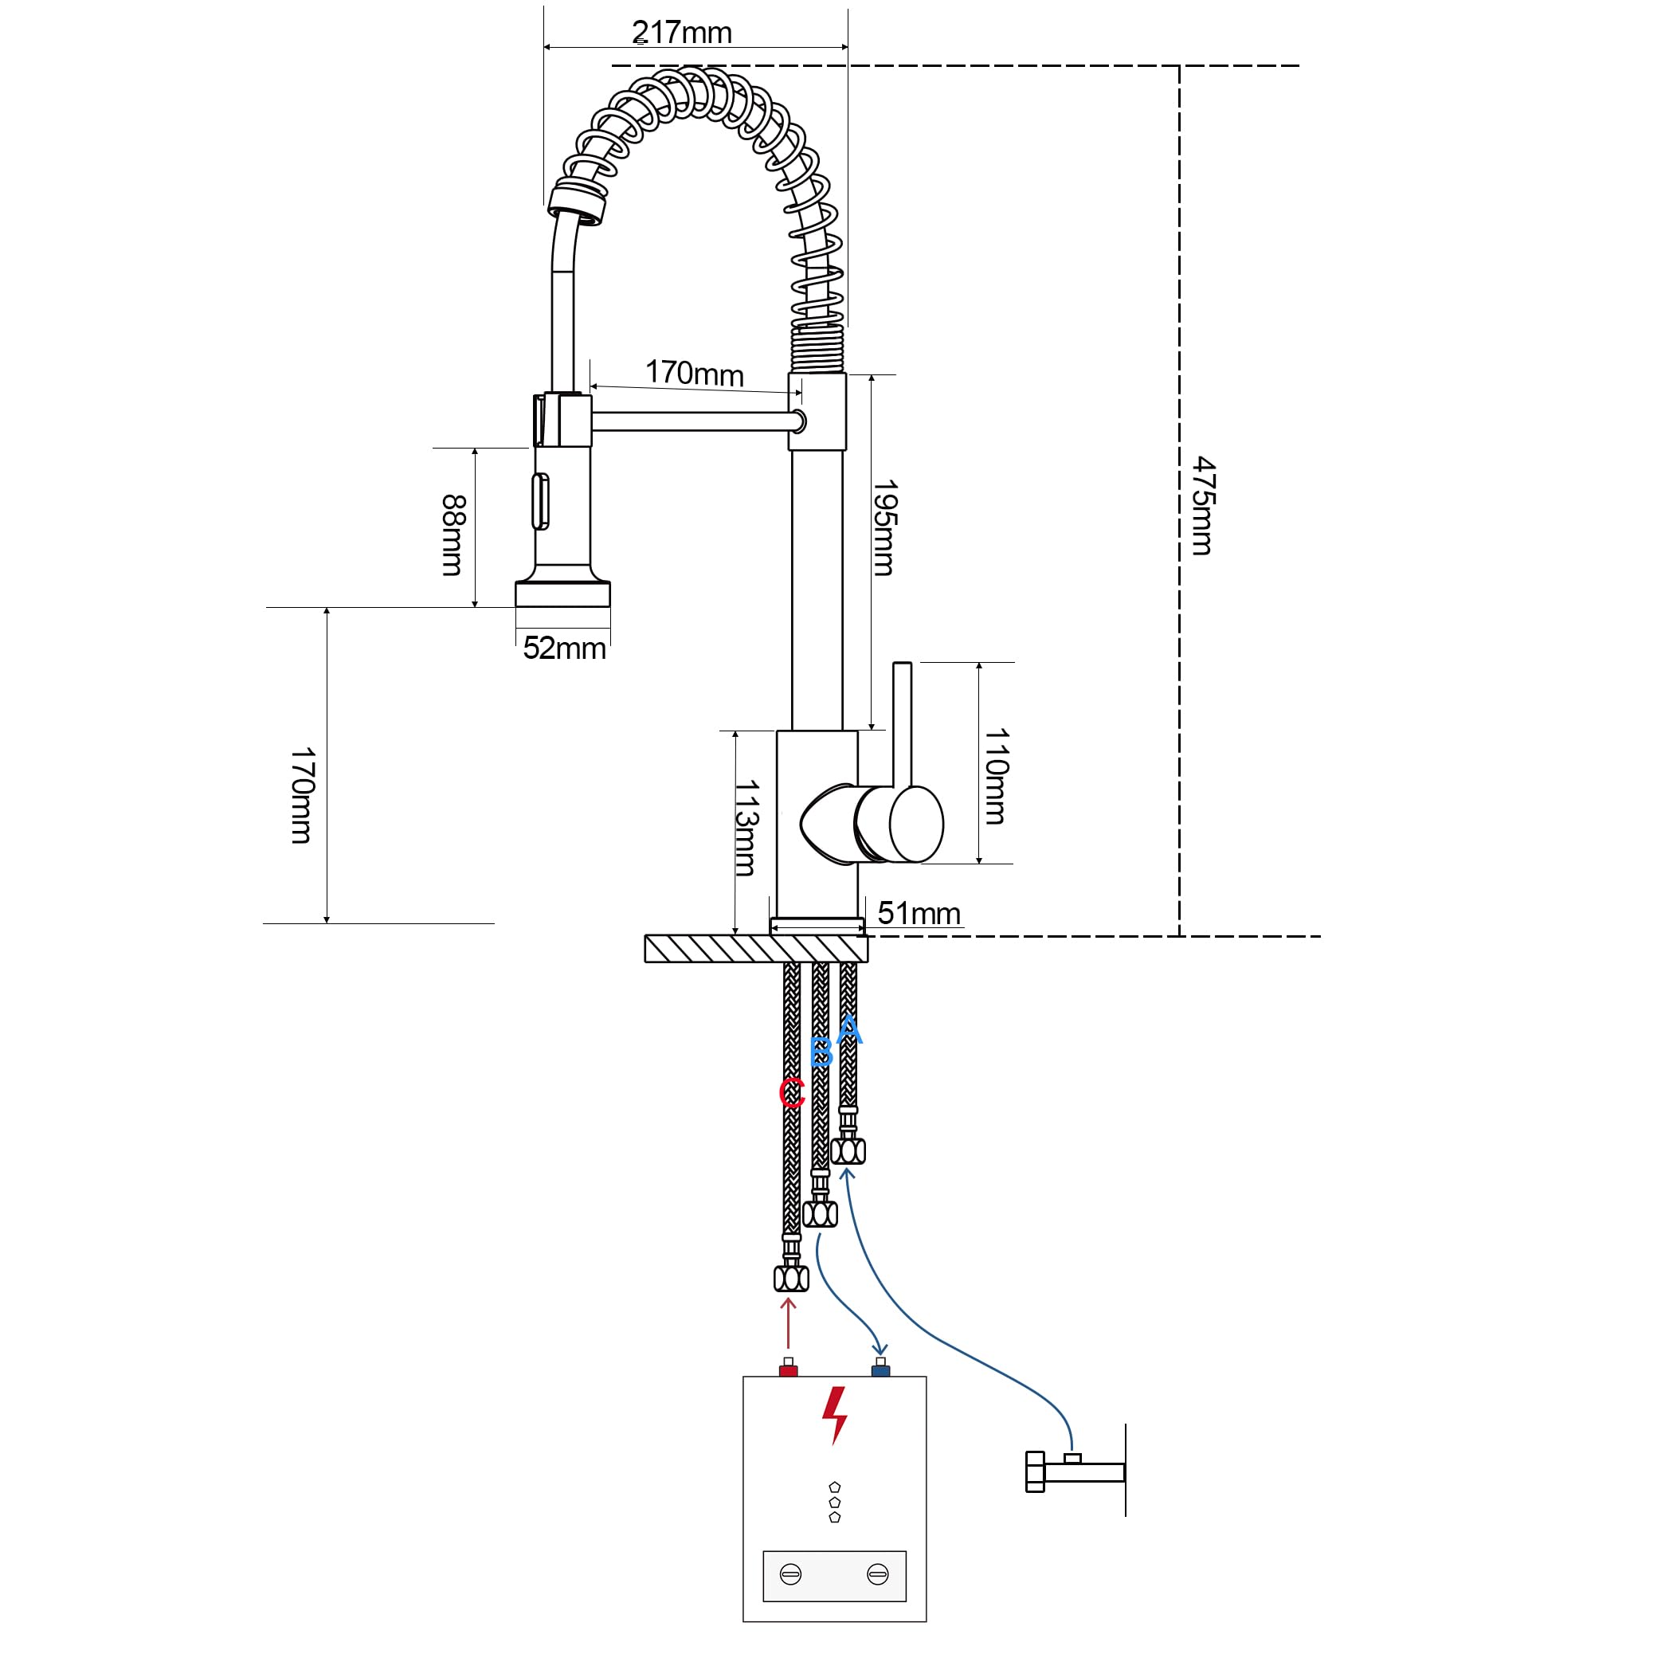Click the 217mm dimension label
click(x=683, y=33)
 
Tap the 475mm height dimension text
click(x=1203, y=506)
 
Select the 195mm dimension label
click(x=884, y=528)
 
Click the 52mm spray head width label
click(x=565, y=648)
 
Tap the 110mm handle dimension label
click(x=996, y=776)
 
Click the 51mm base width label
click(x=919, y=914)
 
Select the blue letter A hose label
click(x=848, y=1030)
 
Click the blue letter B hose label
click(x=821, y=1053)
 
